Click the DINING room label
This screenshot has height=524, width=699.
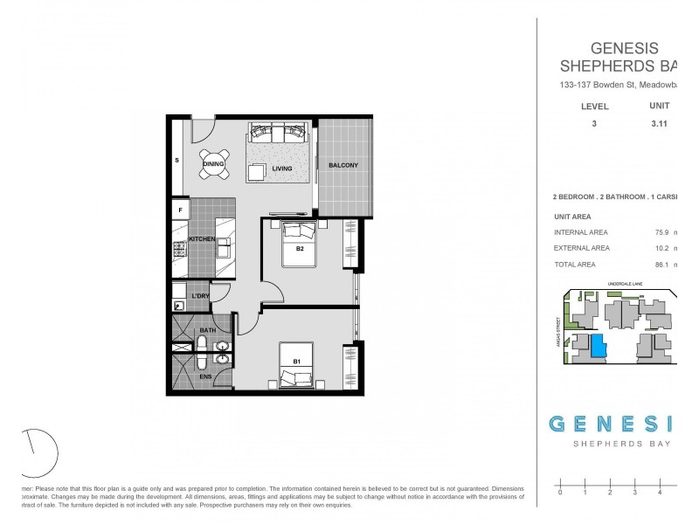[213, 163]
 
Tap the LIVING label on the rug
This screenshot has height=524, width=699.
[281, 169]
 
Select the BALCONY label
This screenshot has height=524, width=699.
[343, 166]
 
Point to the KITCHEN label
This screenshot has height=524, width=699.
[202, 238]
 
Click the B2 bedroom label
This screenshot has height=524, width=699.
[300, 248]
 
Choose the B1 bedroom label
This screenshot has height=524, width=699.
[297, 361]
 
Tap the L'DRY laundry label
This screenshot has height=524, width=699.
[200, 297]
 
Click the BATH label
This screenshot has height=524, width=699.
[207, 331]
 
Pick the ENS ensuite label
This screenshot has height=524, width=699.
[207, 376]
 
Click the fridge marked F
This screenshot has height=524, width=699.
[181, 210]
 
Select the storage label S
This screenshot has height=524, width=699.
[177, 161]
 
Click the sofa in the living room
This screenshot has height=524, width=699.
[280, 134]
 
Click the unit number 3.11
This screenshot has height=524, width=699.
[660, 125]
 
